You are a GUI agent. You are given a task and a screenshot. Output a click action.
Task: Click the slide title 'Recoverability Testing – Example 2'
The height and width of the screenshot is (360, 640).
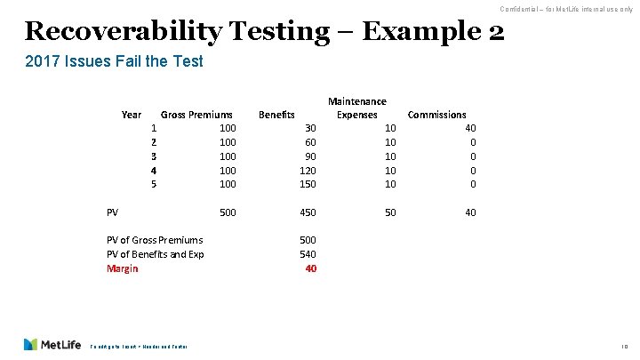(265, 31)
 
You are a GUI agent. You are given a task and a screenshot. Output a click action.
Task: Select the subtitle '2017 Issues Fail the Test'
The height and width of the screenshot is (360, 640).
(113, 61)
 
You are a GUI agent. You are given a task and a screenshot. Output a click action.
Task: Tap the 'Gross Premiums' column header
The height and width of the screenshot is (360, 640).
(196, 115)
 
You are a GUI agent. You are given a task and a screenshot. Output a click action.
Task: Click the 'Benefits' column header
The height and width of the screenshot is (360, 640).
(276, 115)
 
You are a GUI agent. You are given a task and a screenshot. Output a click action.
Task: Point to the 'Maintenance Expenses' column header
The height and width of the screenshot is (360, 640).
(356, 108)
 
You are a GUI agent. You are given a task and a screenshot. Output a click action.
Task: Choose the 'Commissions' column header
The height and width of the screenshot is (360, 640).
(436, 115)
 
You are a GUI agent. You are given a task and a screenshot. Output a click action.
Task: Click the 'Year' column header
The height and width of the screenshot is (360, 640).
(131, 115)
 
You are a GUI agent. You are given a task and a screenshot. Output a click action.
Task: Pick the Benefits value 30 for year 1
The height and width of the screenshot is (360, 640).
(309, 129)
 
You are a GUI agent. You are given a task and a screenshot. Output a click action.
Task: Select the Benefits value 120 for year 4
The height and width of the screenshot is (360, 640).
(307, 170)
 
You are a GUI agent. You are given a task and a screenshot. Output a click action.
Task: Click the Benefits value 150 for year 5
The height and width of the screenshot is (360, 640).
(307, 184)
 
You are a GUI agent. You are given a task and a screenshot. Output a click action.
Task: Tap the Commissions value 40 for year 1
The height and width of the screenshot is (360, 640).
(470, 129)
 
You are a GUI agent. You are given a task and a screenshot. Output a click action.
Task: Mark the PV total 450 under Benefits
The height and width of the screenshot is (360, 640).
(307, 212)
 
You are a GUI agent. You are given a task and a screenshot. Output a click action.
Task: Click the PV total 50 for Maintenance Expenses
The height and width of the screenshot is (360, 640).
(390, 212)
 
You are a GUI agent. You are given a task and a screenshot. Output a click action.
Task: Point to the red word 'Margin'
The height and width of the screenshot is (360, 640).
(123, 268)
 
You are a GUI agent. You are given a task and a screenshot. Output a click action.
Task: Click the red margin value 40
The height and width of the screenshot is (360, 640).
(309, 268)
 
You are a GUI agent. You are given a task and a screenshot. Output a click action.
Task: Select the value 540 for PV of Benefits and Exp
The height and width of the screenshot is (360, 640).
(307, 254)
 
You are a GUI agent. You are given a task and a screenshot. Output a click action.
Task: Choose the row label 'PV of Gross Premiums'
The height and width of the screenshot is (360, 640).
(155, 240)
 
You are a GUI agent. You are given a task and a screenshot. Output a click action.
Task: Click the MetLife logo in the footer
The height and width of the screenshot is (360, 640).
(52, 344)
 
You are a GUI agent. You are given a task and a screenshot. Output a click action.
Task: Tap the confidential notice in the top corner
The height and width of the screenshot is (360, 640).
(565, 9)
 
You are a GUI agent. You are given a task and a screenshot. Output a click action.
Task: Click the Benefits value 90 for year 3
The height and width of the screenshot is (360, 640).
(309, 156)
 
